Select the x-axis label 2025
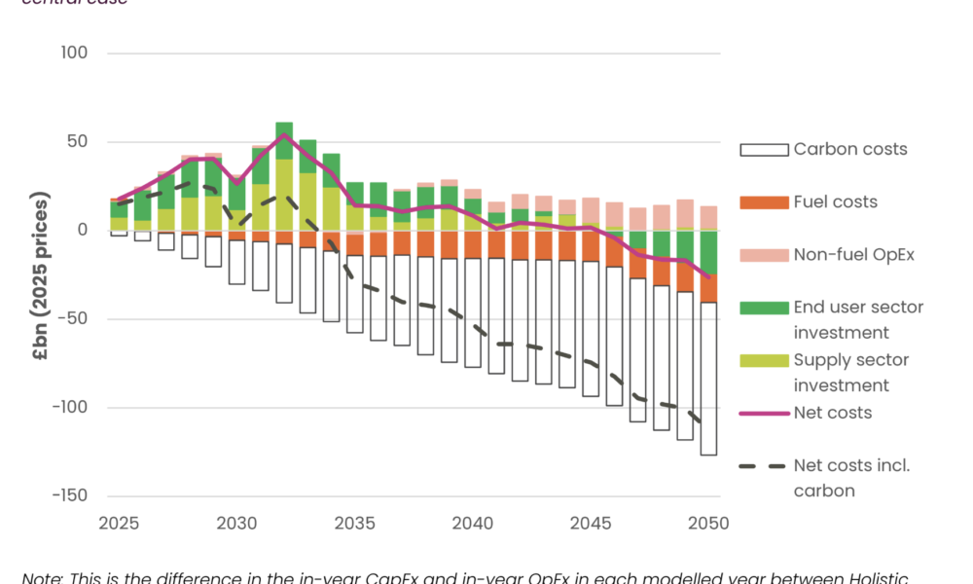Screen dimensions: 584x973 pyautogui.click(x=119, y=524)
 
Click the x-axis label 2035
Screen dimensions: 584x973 pyautogui.click(x=354, y=524)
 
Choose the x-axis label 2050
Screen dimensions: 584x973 pyautogui.click(x=708, y=524)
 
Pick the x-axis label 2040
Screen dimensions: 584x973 pyautogui.click(x=473, y=524)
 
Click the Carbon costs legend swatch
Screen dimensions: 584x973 pyautogui.click(x=762, y=150)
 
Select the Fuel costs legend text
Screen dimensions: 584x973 pyautogui.click(x=835, y=202)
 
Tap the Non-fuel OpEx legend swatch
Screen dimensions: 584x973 pyautogui.click(x=762, y=255)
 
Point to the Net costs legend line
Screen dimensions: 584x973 pyautogui.click(x=762, y=413)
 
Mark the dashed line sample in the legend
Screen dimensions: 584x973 pyautogui.click(x=762, y=465)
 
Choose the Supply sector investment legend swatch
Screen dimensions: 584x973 pyautogui.click(x=762, y=360)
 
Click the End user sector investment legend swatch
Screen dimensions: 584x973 pyautogui.click(x=762, y=308)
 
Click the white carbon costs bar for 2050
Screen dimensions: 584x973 pyautogui.click(x=708, y=379)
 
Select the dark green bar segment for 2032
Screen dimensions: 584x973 pyautogui.click(x=284, y=140)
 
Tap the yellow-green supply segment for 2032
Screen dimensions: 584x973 pyautogui.click(x=284, y=195)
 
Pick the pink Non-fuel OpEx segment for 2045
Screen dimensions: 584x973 pyautogui.click(x=591, y=211)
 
